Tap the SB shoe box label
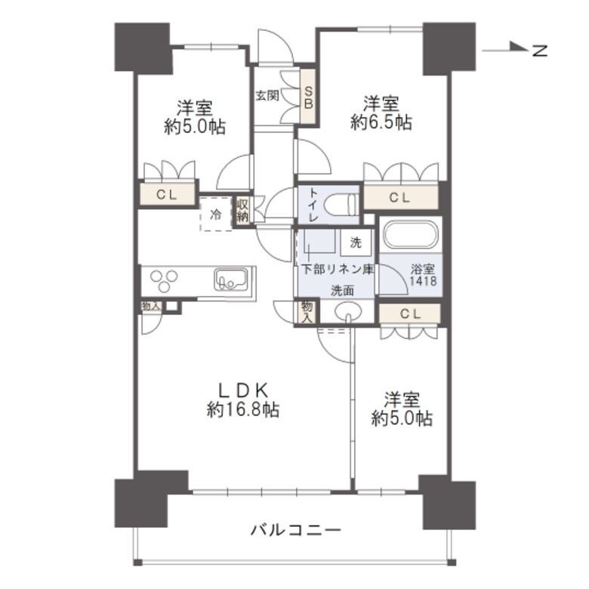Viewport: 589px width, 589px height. pos(308,97)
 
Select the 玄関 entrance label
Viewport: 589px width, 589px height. pos(267,96)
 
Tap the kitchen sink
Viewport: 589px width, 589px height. pos(228,280)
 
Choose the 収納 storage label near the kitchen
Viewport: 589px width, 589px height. pos(242,211)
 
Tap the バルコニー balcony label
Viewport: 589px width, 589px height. pos(296,529)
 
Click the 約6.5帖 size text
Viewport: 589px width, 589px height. pos(381,122)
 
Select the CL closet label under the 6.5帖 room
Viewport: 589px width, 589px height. pos(400,198)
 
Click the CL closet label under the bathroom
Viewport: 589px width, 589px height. pos(408,313)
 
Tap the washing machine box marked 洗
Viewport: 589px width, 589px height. pos(356,243)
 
